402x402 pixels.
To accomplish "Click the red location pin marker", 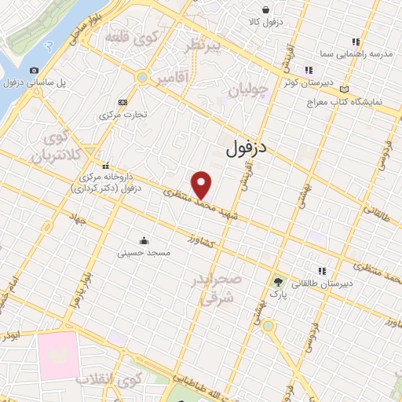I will (x=203, y=185).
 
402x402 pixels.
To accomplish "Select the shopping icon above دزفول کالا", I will (x=267, y=10).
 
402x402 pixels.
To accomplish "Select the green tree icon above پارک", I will (x=277, y=282).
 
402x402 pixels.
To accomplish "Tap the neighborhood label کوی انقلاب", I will (x=108, y=380).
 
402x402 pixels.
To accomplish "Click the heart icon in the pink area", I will (x=55, y=355).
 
